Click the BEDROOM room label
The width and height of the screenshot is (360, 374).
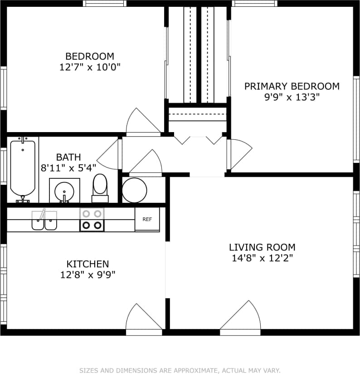tap(90, 56)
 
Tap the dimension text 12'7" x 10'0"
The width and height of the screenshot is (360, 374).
tap(90, 68)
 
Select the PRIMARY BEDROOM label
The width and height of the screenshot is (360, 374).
tap(292, 86)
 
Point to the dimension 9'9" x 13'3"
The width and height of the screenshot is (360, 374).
tap(292, 98)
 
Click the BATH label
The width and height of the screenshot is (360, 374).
tap(68, 157)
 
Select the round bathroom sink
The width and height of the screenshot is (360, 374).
tap(64, 191)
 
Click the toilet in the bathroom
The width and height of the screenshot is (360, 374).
tap(100, 187)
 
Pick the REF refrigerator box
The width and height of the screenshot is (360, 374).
tap(147, 219)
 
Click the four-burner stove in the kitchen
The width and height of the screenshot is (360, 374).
tap(92, 220)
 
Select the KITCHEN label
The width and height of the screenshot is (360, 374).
tap(88, 264)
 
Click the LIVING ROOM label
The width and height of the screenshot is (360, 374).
tap(262, 247)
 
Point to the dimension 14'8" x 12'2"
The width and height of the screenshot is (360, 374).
tap(262, 259)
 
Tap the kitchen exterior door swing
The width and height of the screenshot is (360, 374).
tap(144, 318)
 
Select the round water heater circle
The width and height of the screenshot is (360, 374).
tap(135, 190)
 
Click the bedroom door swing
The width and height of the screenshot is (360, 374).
tap(143, 122)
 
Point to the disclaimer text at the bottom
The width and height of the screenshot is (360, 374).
tap(180, 370)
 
